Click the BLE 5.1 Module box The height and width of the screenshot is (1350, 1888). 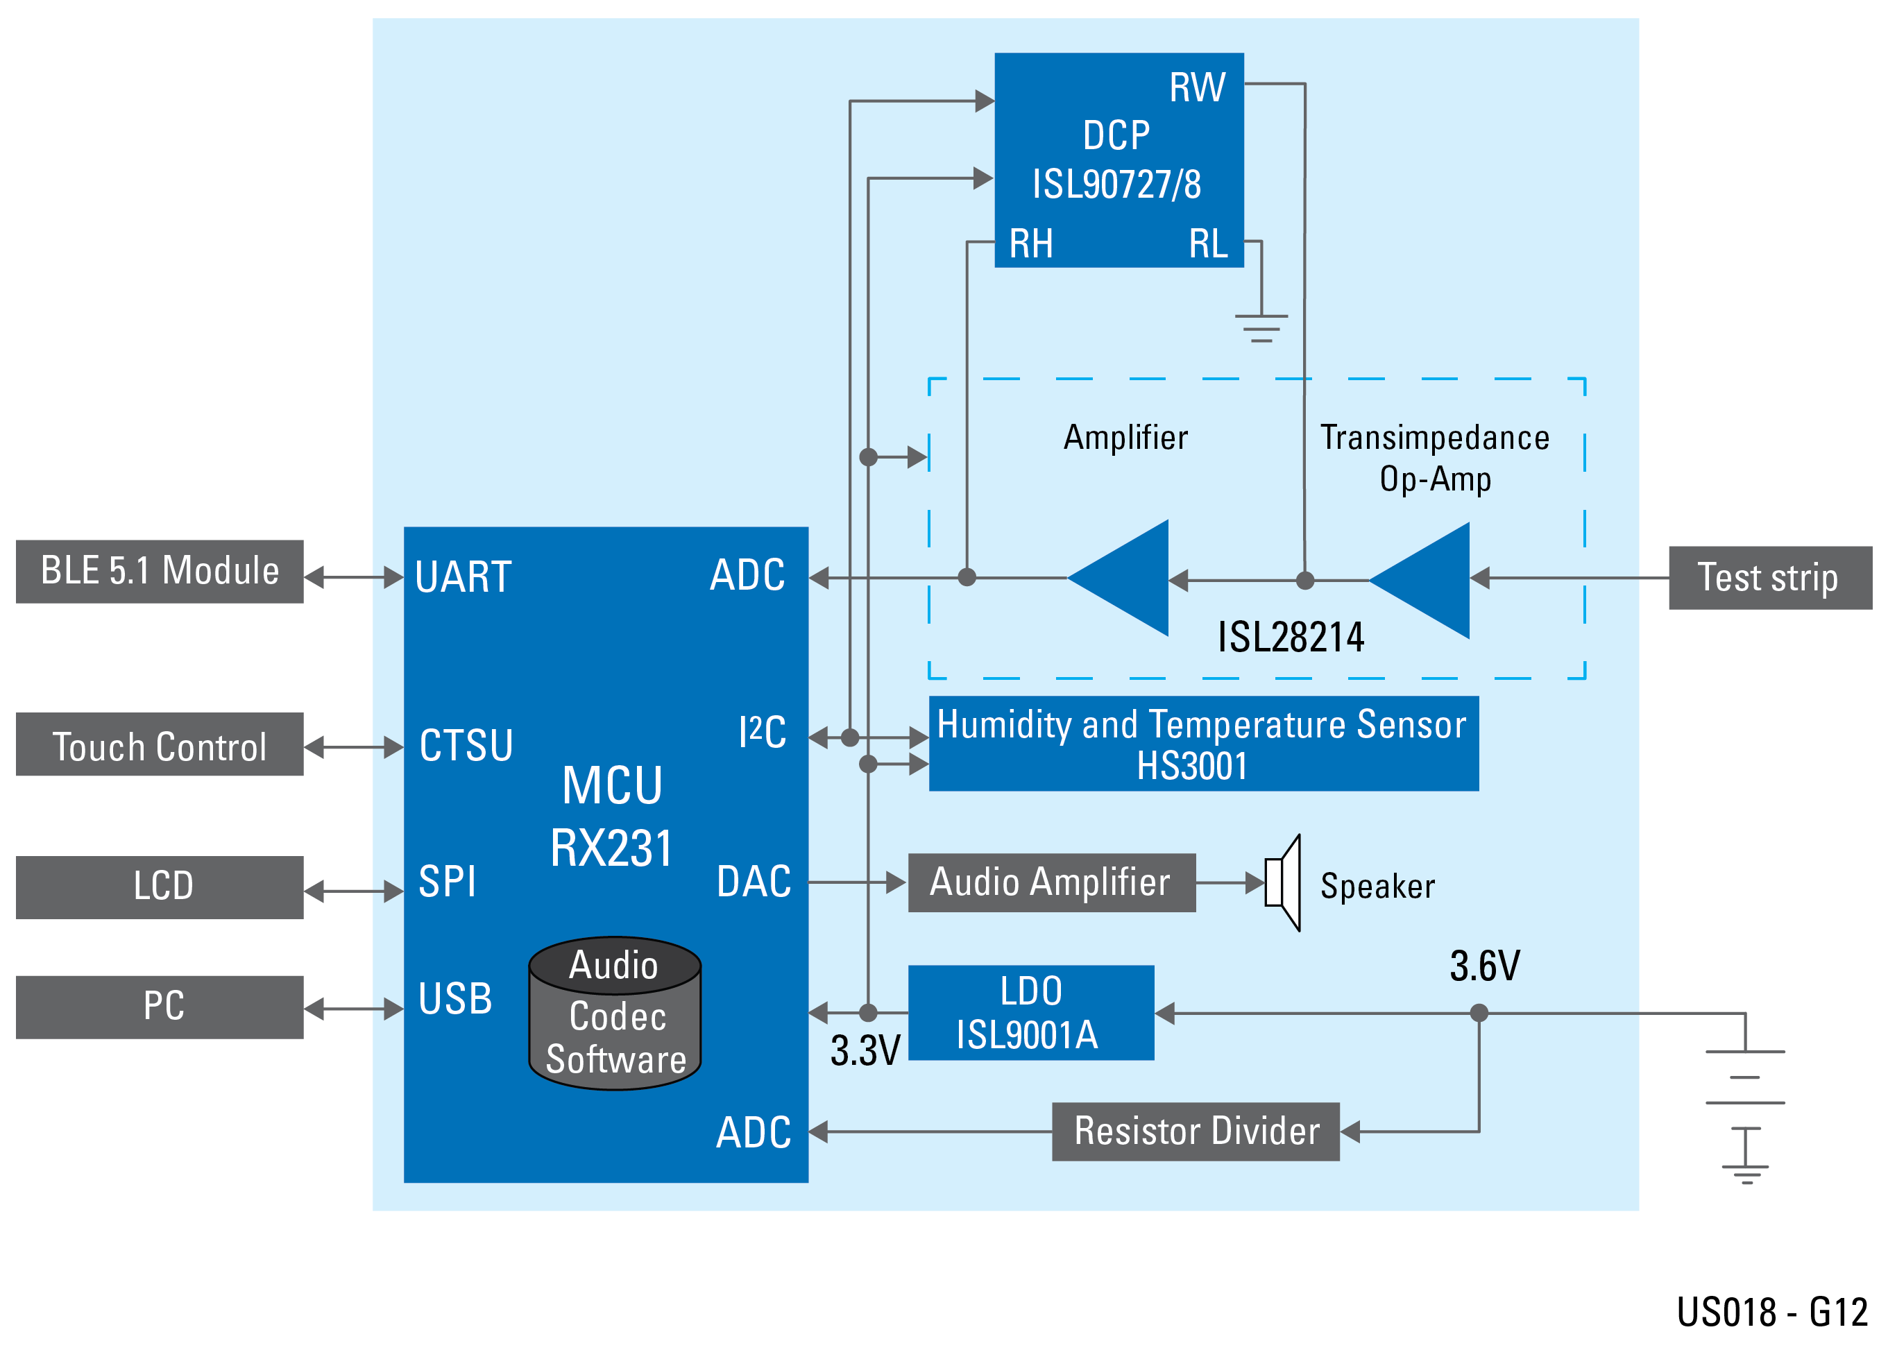click(159, 571)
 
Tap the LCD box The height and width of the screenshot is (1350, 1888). click(159, 887)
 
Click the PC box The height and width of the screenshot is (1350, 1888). click(159, 1007)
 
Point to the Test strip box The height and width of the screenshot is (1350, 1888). click(1769, 578)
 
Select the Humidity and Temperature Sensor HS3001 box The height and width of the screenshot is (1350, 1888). click(1202, 743)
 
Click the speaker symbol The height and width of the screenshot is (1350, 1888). click(1284, 883)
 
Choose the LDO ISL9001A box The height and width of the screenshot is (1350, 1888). click(1030, 1013)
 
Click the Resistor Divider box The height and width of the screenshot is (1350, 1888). click(1195, 1131)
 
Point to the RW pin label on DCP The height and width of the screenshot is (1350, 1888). click(1196, 87)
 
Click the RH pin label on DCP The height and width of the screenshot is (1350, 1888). click(1030, 243)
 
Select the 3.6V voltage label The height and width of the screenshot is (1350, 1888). click(1484, 966)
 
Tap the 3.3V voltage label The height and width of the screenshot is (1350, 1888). click(864, 1051)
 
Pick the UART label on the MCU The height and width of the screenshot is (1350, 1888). click(462, 577)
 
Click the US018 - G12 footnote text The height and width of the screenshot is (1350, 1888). click(1771, 1313)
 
